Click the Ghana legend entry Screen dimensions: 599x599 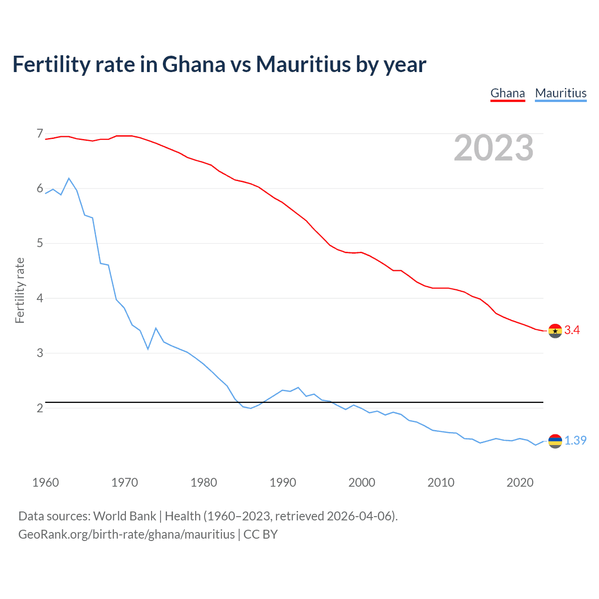pyautogui.click(x=507, y=93)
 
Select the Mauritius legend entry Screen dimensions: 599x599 pyautogui.click(x=561, y=93)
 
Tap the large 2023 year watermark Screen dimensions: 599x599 pyautogui.click(x=493, y=148)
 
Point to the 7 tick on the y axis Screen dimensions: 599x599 pyautogui.click(x=40, y=134)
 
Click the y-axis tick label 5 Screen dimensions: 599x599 pyautogui.click(x=40, y=243)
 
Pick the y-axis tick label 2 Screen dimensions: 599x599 pyautogui.click(x=40, y=408)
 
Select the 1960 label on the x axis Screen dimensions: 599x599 pyautogui.click(x=45, y=482)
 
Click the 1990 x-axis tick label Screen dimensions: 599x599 pyautogui.click(x=283, y=482)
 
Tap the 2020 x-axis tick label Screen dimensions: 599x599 pyautogui.click(x=520, y=482)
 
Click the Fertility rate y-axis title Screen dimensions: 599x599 pyautogui.click(x=20, y=290)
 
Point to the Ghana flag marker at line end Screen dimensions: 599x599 pyautogui.click(x=555, y=331)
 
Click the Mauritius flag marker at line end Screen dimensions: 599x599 pyautogui.click(x=555, y=441)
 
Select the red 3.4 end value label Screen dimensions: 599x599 pyautogui.click(x=572, y=330)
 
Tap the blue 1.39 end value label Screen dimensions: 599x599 pyautogui.click(x=575, y=441)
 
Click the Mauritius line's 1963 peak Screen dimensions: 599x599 pyautogui.click(x=69, y=178)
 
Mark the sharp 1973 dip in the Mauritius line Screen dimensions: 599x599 pyautogui.click(x=148, y=349)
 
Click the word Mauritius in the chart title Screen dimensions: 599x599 pyautogui.click(x=303, y=64)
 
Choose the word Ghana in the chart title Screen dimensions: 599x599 pyautogui.click(x=193, y=64)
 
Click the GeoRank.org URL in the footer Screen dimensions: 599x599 pyautogui.click(x=126, y=534)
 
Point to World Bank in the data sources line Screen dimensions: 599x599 pyautogui.click(x=124, y=516)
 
